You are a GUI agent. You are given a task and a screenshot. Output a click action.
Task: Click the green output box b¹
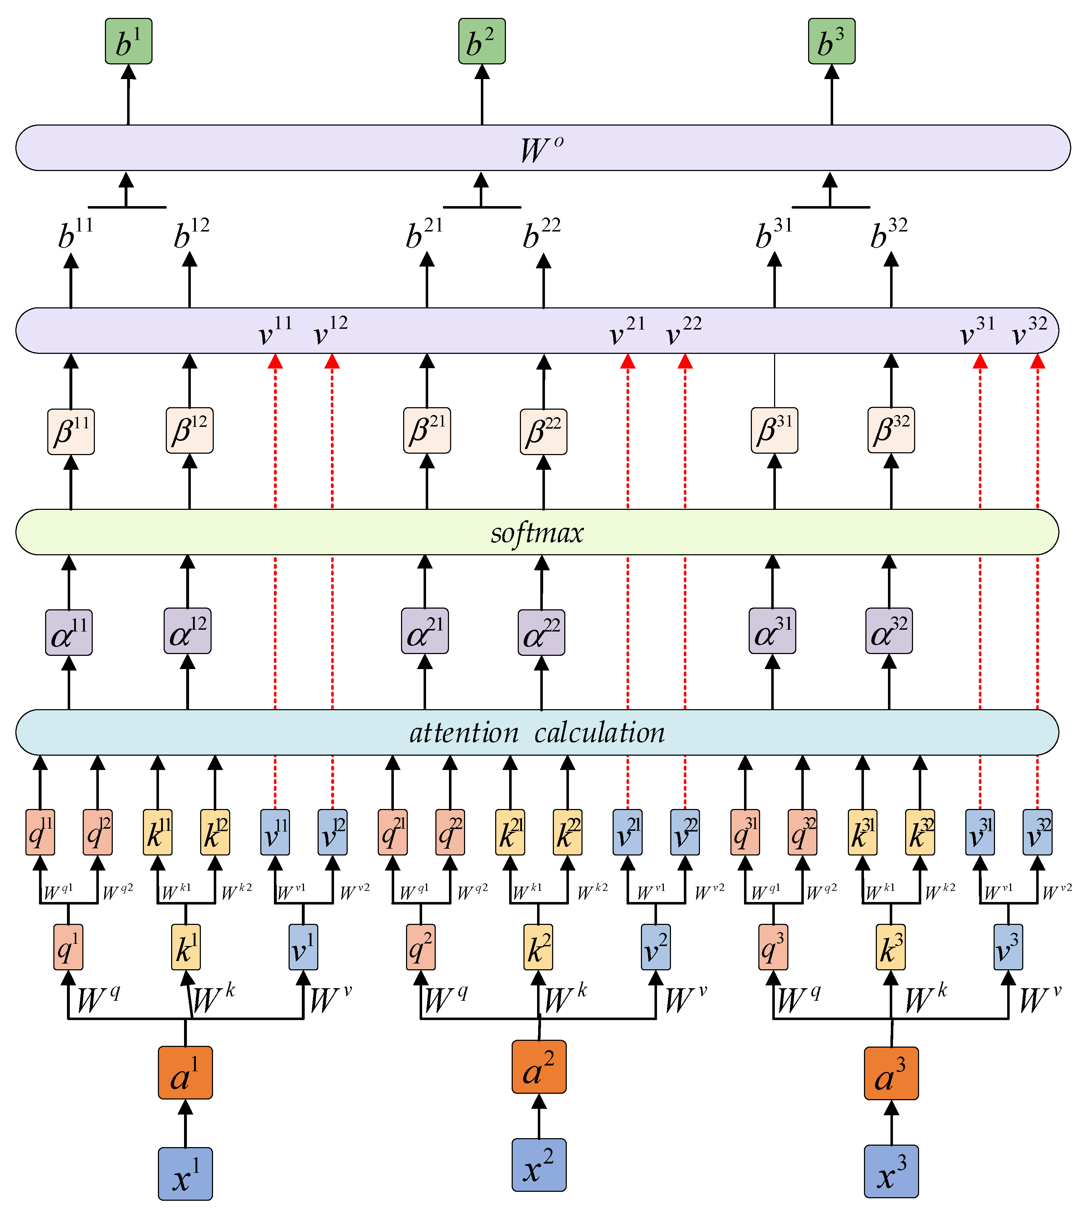click(129, 41)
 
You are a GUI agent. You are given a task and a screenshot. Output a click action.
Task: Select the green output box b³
click(831, 41)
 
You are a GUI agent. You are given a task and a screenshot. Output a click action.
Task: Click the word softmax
click(537, 532)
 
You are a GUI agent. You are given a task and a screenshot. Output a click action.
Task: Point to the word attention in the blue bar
click(464, 733)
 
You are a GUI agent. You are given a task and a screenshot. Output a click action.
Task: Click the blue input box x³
click(890, 1171)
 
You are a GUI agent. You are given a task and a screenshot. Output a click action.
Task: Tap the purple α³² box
click(888, 631)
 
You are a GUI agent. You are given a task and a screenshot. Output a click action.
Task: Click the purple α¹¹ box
click(69, 632)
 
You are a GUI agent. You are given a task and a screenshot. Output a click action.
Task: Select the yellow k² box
click(538, 947)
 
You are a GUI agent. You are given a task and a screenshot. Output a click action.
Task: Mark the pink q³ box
click(773, 947)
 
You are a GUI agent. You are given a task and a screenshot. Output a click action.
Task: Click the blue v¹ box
click(303, 947)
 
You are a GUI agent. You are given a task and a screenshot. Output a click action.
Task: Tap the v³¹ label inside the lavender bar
click(977, 332)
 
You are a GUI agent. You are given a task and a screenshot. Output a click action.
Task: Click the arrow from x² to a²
click(538, 1116)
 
